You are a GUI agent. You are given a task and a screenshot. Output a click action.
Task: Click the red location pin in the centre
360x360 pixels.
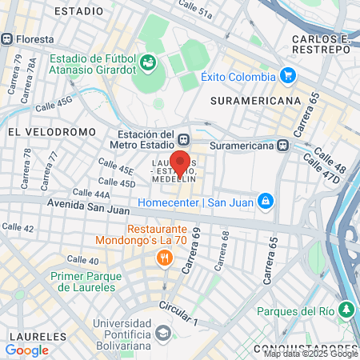tap(181, 163)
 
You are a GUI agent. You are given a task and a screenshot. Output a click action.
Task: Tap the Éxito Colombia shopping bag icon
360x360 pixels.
tap(289, 76)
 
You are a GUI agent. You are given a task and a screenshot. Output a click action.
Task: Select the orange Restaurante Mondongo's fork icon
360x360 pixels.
tap(164, 258)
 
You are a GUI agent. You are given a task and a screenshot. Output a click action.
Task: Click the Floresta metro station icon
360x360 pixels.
tap(7, 38)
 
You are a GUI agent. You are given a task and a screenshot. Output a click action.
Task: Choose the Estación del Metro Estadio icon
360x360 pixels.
tap(184, 139)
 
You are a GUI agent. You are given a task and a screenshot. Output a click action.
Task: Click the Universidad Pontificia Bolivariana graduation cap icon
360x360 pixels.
tap(164, 331)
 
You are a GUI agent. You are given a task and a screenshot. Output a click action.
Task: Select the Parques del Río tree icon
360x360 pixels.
tap(346, 309)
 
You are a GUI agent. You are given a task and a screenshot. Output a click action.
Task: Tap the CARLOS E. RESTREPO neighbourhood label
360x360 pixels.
tap(321, 44)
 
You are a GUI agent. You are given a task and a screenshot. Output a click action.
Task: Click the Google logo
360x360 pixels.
tap(26, 350)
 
